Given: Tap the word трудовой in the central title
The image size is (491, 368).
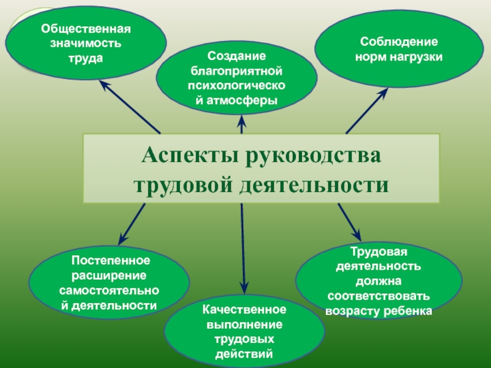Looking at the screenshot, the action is (181, 184).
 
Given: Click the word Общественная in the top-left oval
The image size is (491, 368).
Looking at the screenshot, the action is (87, 30).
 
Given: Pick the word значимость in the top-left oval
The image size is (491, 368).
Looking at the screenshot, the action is (87, 44).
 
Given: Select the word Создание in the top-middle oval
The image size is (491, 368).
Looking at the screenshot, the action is (236, 56).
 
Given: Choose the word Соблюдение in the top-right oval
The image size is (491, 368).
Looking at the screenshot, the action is (398, 43).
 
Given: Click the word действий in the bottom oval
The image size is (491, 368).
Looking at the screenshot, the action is (245, 354).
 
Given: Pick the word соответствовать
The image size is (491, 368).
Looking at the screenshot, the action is (378, 297).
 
